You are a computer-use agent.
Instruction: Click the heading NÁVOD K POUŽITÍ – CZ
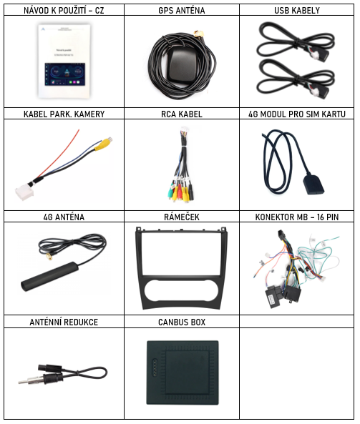64,10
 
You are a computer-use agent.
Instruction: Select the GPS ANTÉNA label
182,10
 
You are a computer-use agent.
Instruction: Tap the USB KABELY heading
297,10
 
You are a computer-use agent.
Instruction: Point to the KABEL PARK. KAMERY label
64,114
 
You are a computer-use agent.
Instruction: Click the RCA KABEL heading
182,114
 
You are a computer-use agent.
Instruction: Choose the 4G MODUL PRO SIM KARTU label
297,114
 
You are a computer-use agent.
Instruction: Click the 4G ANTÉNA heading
64,217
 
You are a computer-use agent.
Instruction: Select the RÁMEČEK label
182,217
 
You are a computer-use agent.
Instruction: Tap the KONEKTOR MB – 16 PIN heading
297,217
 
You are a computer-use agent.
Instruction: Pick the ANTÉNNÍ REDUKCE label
64,322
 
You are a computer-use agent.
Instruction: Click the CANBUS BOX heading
182,322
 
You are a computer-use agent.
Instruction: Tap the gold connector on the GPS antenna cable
200,34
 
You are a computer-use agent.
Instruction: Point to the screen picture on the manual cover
64,74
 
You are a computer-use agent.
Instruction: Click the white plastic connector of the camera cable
24,192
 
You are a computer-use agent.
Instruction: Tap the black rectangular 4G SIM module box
313,184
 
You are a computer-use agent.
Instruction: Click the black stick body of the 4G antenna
50,277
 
